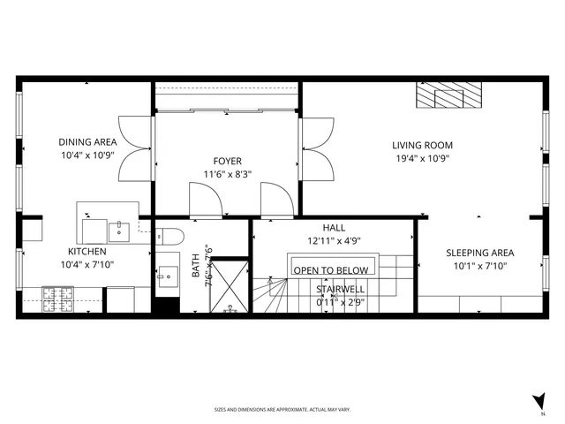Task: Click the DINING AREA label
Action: tap(87, 141)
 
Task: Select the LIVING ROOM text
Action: tap(423, 145)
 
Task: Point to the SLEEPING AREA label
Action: tap(479, 252)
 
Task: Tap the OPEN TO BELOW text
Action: tap(331, 270)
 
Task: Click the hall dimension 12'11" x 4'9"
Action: tap(334, 240)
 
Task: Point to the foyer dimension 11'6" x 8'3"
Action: tap(227, 174)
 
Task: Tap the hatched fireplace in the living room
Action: tap(450, 95)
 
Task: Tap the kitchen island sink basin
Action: tap(119, 231)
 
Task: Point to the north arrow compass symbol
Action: tap(539, 401)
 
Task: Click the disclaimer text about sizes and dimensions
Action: tap(282, 409)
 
